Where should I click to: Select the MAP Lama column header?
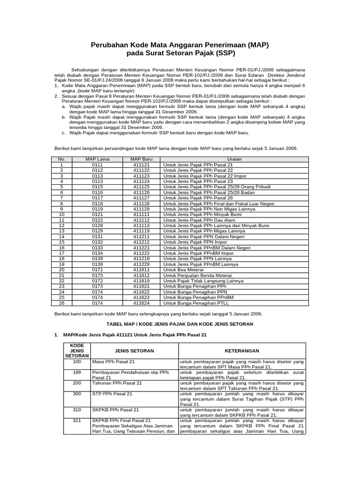pos(97,159)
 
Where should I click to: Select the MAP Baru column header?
pos(141,159)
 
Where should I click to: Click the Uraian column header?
pos(234,159)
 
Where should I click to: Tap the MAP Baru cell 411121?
pos(141,165)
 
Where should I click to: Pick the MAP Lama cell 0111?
pos(97,165)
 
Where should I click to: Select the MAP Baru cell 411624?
pos(141,303)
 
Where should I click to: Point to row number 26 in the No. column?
pos(61,303)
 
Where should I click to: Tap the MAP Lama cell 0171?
pos(97,270)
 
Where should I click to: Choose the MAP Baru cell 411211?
pos(141,237)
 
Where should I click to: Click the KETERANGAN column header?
pos(241,351)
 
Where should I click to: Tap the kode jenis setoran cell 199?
pos(77,372)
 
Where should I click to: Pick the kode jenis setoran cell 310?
pos(77,410)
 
